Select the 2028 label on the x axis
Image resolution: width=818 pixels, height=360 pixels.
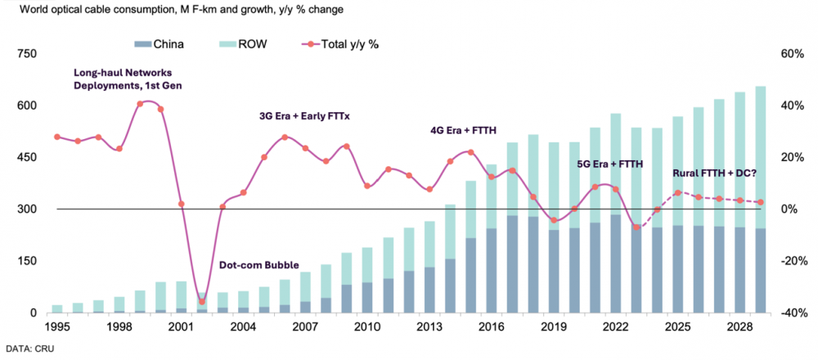pos(739,327)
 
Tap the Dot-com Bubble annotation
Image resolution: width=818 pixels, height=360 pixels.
pos(258,266)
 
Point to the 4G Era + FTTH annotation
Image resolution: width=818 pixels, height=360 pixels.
pos(464,130)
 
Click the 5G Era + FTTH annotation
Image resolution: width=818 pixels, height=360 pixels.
pos(610,164)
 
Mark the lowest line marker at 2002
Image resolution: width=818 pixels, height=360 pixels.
pos(202,301)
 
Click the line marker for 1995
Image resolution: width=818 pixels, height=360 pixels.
pos(56,137)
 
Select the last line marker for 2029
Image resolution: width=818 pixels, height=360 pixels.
pos(761,202)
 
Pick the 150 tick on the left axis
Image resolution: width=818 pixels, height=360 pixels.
pos(29,261)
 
